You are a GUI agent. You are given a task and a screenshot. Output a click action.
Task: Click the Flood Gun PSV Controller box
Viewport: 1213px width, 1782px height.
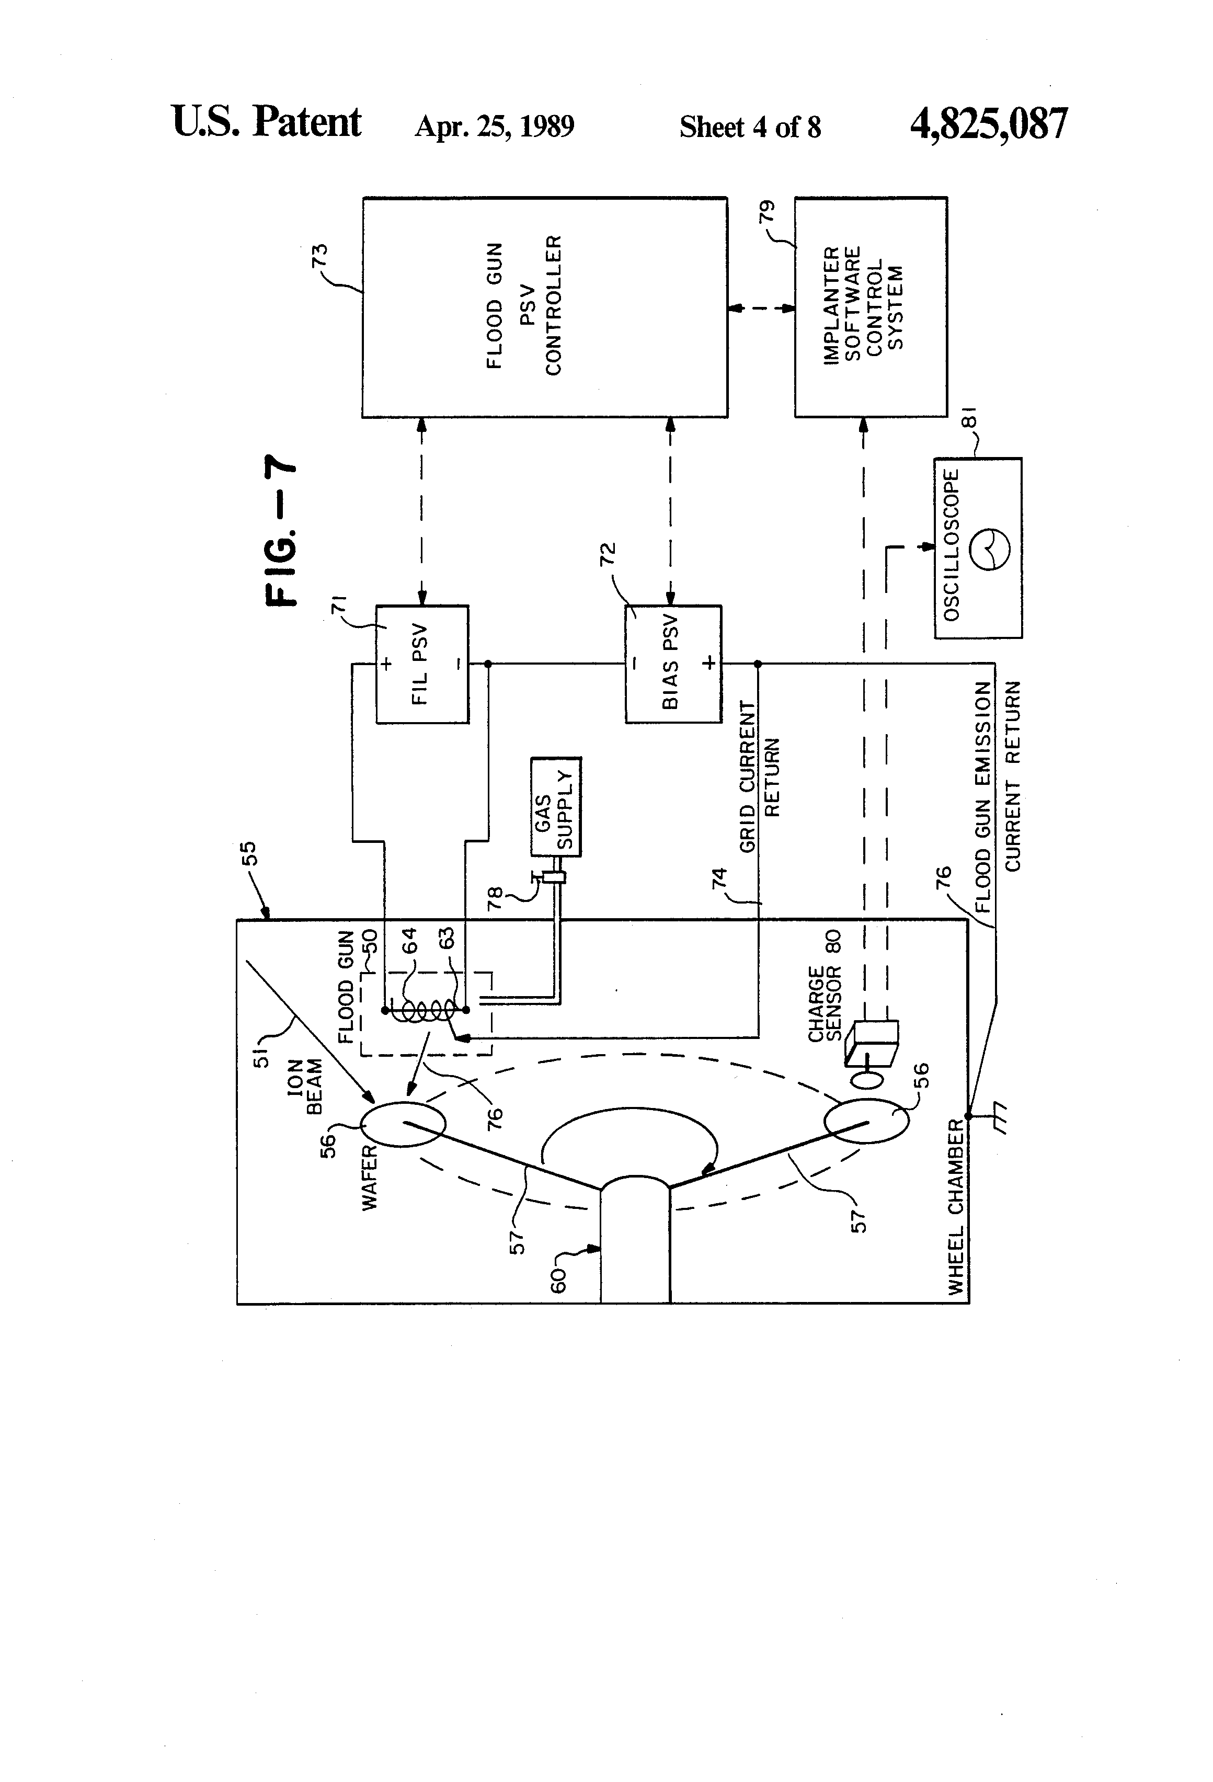(x=544, y=307)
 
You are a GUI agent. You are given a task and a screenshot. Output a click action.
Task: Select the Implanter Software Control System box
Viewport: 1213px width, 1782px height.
(x=870, y=307)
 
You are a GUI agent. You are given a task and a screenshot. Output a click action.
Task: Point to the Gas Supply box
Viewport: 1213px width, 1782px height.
(x=556, y=807)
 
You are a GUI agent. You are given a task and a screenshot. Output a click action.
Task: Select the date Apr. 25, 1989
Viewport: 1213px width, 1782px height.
(x=495, y=125)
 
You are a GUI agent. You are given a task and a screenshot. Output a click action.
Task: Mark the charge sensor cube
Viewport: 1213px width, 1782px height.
(x=871, y=1044)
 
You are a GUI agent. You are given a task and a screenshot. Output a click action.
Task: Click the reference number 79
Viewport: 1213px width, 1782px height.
(x=766, y=212)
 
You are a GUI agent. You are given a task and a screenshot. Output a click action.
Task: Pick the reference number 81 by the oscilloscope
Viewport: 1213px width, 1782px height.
(x=969, y=418)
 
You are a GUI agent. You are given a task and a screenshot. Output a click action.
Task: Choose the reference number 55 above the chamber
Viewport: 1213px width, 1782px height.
(x=249, y=853)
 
